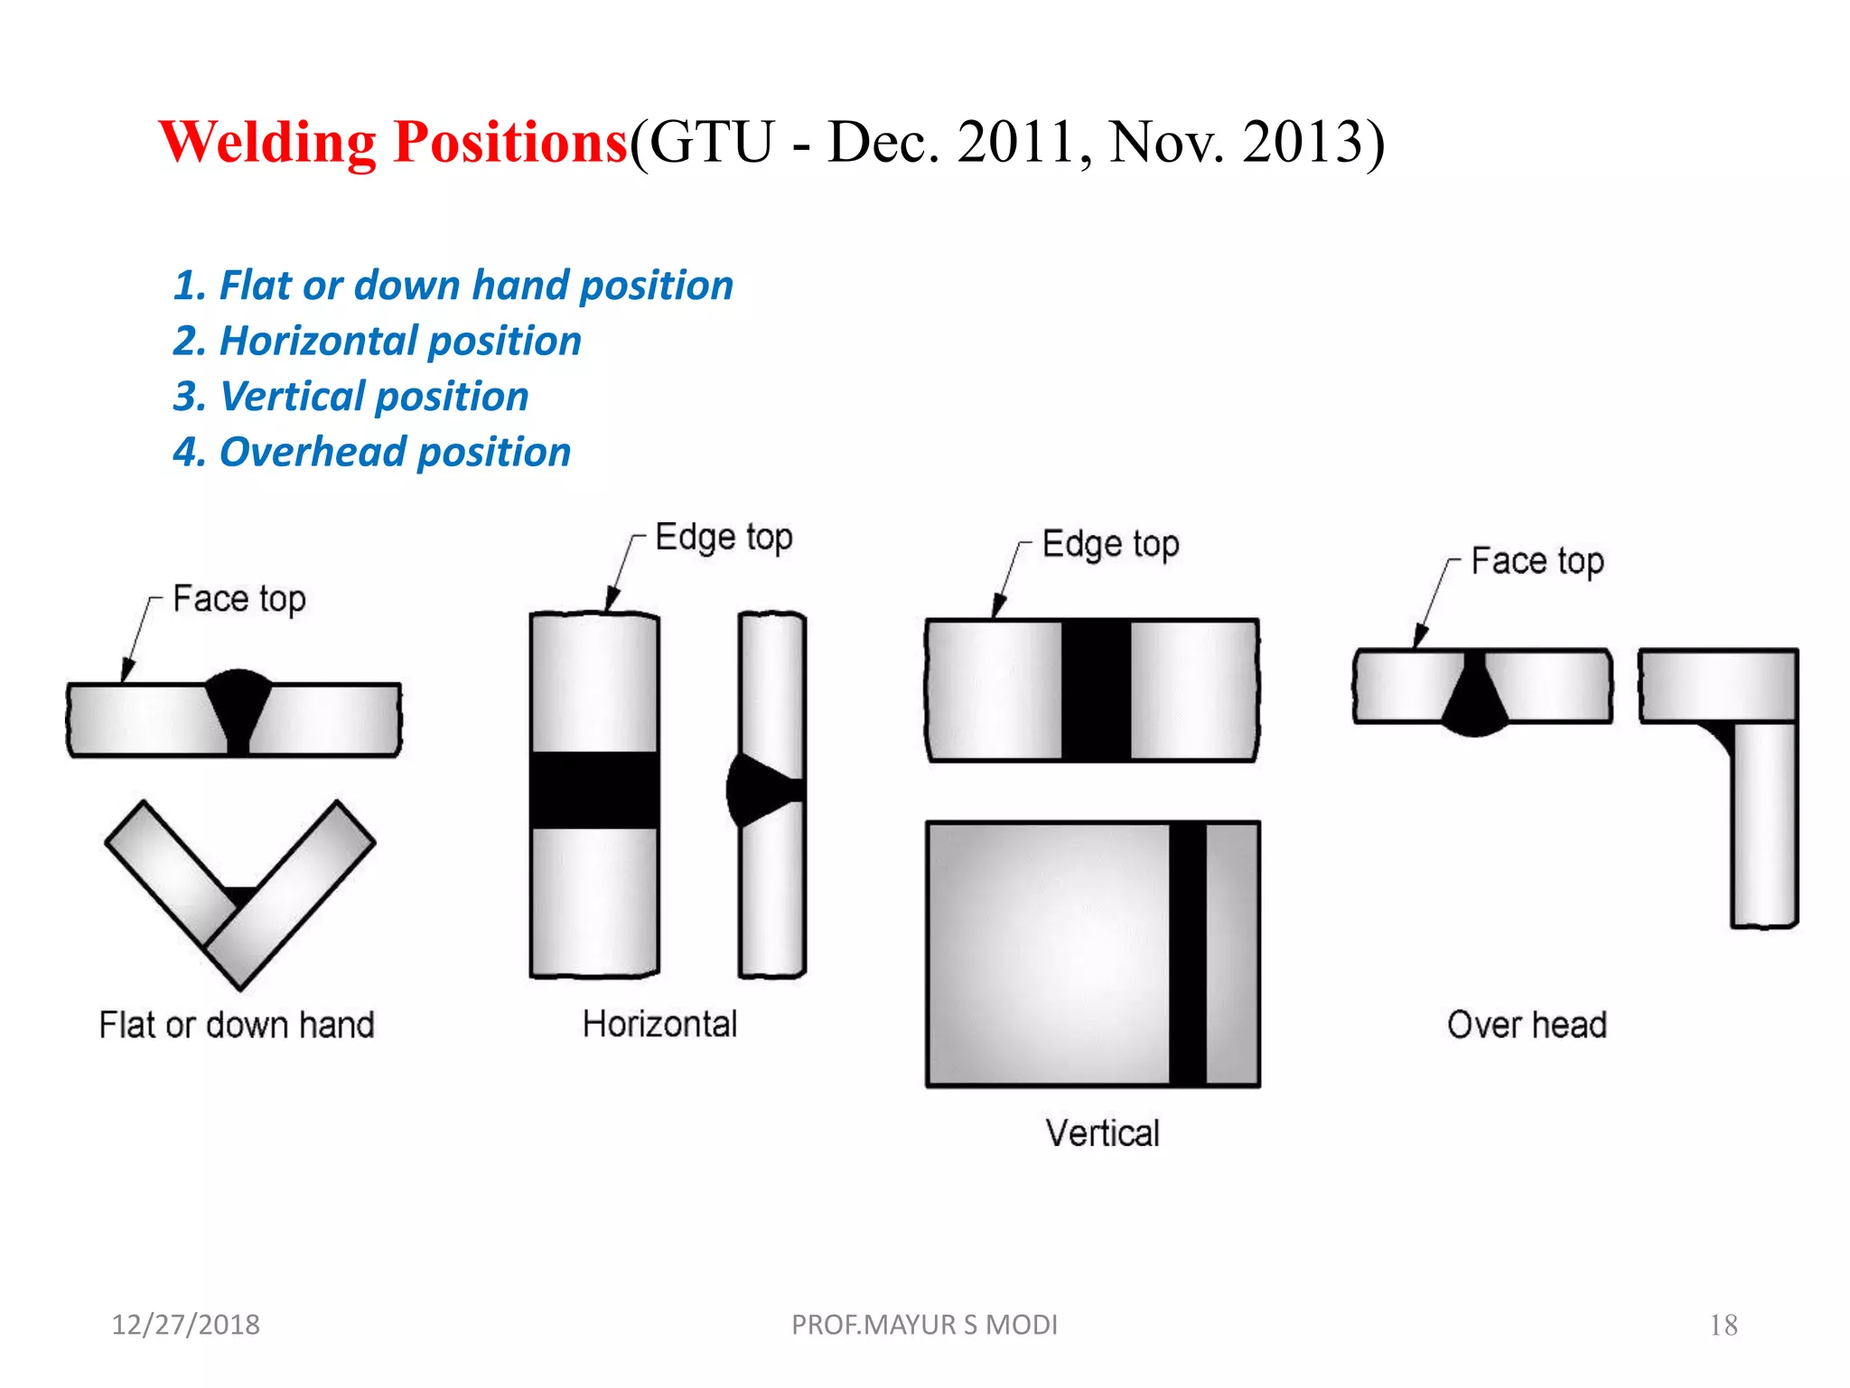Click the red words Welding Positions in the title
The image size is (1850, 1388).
[x=393, y=143]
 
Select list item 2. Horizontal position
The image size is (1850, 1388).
[x=377, y=342]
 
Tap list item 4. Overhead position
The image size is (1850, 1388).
[x=371, y=452]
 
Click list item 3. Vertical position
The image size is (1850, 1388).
[x=350, y=397]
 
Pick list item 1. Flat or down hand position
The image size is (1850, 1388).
[x=453, y=286]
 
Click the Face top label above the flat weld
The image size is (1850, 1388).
[x=238, y=599]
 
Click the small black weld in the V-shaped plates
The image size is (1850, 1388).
[x=240, y=896]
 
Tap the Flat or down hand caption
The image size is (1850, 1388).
[x=237, y=1025]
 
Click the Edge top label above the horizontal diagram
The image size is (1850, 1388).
[x=724, y=537]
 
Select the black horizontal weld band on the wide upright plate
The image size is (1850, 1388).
[x=594, y=790]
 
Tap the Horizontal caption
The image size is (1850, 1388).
[x=659, y=1024]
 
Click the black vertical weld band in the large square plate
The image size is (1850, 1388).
[x=1187, y=953]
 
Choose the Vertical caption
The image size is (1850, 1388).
[x=1102, y=1133]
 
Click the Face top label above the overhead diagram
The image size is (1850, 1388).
[x=1537, y=561]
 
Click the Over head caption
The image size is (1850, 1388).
[x=1527, y=1025]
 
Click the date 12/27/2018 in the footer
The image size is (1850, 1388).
[x=185, y=1325]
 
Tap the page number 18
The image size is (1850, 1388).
[x=1723, y=1326]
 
